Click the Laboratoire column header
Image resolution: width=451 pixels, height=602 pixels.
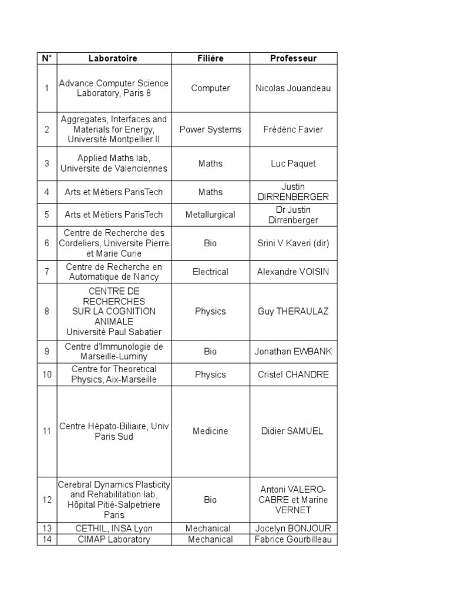click(113, 58)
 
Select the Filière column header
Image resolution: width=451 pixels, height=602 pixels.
click(210, 58)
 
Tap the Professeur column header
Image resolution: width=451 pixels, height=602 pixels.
click(293, 58)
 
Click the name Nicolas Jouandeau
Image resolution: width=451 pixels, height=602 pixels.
click(293, 88)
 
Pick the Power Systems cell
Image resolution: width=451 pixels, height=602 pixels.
click(210, 129)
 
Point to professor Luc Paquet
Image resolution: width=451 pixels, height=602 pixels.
click(293, 163)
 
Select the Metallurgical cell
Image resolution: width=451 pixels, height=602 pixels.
click(210, 215)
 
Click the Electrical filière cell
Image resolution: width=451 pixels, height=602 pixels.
click(210, 272)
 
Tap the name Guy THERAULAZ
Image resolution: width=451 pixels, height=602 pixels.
click(293, 312)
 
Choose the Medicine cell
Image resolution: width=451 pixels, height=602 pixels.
click(210, 431)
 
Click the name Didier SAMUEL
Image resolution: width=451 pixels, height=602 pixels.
click(293, 431)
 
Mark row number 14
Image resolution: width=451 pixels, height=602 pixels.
click(47, 539)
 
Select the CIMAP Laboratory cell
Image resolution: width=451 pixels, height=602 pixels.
click(114, 539)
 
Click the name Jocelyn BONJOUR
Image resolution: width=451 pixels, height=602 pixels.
click(293, 529)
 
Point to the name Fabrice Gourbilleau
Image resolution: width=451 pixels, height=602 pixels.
click(293, 539)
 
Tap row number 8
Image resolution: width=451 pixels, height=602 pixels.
click(47, 312)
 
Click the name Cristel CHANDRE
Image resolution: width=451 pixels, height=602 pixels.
click(293, 374)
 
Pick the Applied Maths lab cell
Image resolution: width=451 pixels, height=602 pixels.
click(114, 163)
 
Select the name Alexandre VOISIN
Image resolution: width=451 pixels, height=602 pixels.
click(293, 272)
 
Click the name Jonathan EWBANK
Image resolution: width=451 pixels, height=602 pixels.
click(293, 352)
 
